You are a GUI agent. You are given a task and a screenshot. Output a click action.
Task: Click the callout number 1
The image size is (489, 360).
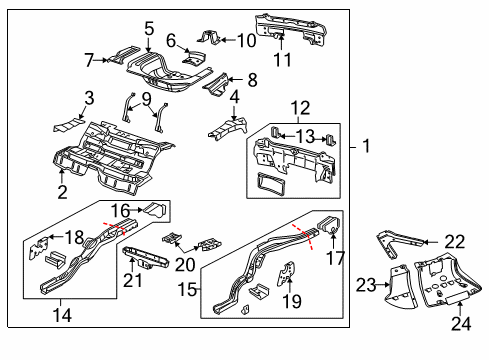point(366,147)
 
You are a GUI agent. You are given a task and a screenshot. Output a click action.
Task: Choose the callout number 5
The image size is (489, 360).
point(149,30)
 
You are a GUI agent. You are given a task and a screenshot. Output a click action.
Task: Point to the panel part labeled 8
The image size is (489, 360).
point(214,84)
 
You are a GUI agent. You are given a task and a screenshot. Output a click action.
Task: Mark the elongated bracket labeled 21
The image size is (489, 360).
point(147,264)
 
